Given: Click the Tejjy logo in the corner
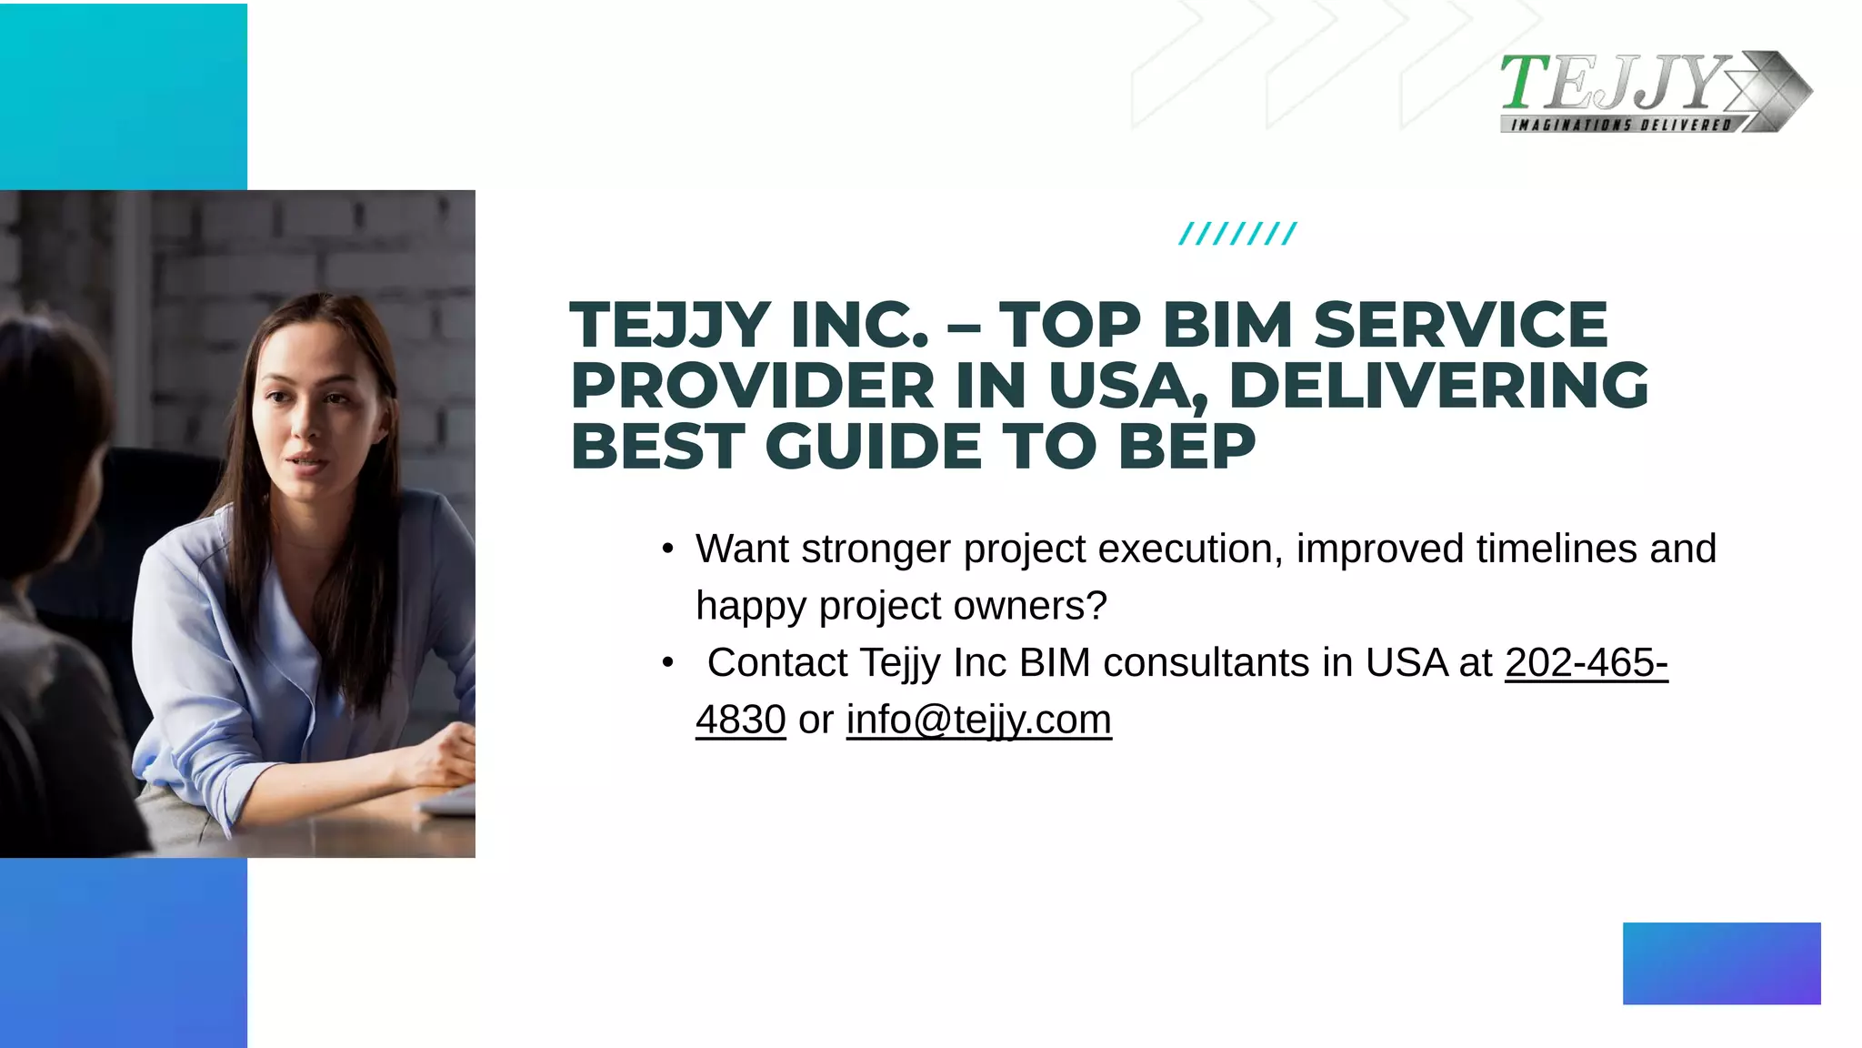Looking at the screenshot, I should [1655, 91].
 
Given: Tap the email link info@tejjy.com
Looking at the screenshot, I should [978, 720].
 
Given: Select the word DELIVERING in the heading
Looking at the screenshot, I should [1438, 386].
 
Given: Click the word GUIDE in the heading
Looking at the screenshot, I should [873, 447].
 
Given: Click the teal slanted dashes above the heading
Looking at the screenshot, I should [1237, 234].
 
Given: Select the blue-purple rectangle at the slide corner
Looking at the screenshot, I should [1721, 963].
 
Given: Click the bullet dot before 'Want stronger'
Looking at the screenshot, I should [668, 549].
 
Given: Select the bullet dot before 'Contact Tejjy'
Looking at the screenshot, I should [668, 663].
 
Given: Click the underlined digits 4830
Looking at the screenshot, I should [740, 720].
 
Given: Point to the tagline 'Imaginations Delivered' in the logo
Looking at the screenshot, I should [1620, 125].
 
